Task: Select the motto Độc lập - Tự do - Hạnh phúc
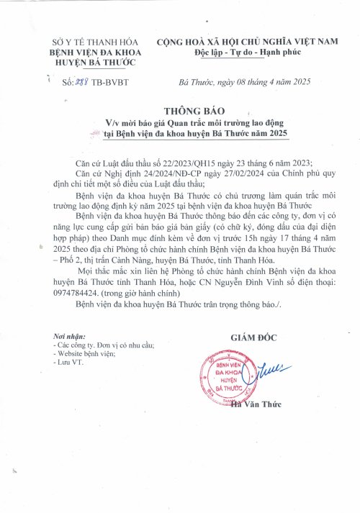click(x=247, y=54)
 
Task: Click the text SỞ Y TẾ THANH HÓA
click(x=86, y=43)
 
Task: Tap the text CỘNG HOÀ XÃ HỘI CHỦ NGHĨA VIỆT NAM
click(x=247, y=43)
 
